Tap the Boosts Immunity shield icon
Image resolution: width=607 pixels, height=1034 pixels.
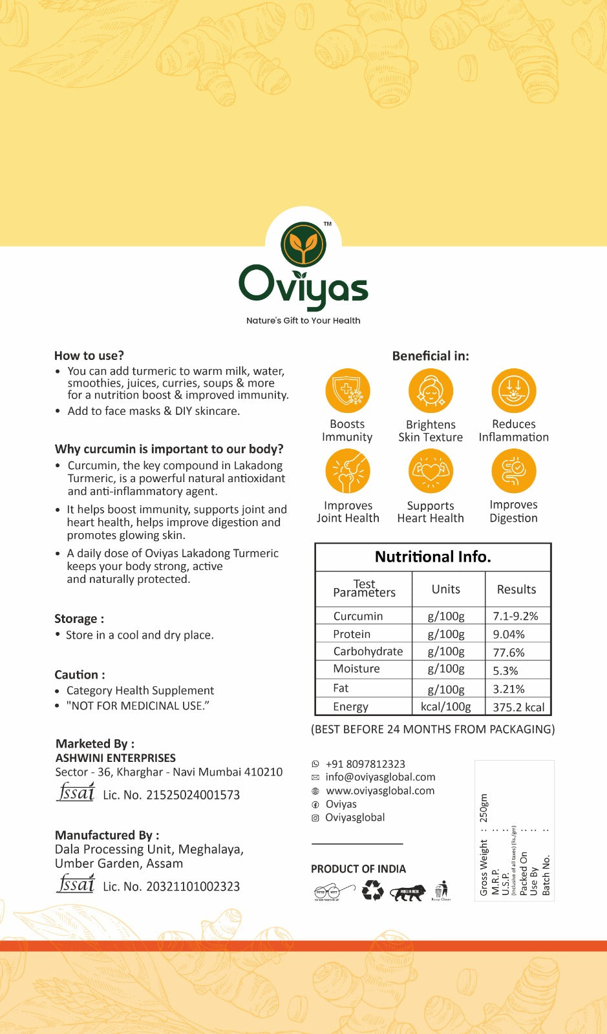tap(348, 391)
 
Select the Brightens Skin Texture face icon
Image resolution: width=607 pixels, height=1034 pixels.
tap(431, 391)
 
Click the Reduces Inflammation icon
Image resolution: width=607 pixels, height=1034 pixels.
tap(513, 391)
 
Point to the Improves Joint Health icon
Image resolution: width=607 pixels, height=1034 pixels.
tap(348, 471)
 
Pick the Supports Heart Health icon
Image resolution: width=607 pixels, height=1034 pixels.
tap(431, 471)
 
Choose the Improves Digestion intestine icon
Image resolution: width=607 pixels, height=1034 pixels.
tap(513, 471)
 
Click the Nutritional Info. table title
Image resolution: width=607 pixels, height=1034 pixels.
tap(433, 557)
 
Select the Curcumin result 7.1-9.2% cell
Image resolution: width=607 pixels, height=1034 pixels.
tap(516, 616)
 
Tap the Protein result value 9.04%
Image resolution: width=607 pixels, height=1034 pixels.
tap(509, 634)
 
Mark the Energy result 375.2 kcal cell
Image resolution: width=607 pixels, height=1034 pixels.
tap(518, 707)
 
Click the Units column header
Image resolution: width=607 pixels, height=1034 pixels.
tap(446, 589)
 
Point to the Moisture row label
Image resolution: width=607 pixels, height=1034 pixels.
tap(356, 669)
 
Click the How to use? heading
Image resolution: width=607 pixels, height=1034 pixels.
tap(89, 355)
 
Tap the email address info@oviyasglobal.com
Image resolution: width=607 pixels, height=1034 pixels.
tap(380, 777)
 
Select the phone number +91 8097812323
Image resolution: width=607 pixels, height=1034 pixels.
tap(365, 764)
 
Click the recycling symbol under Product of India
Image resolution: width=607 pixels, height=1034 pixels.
tap(373, 891)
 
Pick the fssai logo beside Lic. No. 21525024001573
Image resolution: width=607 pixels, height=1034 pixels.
tap(76, 792)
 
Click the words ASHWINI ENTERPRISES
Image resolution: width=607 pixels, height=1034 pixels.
tap(116, 757)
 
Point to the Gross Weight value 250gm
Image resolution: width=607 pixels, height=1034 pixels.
tap(484, 808)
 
